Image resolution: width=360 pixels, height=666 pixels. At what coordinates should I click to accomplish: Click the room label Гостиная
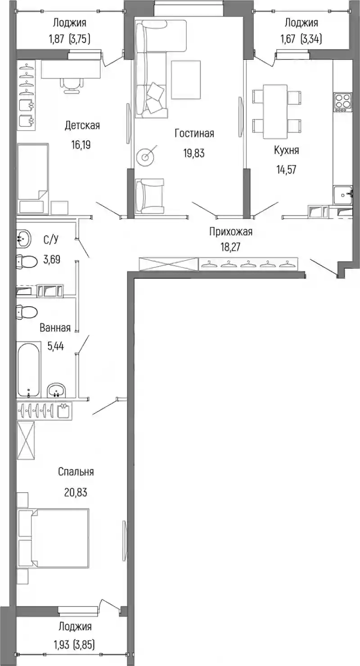194,133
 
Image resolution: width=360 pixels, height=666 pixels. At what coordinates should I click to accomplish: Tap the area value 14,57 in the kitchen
286,170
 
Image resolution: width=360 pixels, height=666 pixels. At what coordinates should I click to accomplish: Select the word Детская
82,126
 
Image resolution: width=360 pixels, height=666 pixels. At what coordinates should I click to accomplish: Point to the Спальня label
76,471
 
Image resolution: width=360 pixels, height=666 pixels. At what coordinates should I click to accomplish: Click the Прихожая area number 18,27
230,247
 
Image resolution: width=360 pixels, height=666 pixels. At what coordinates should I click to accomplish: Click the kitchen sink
343,195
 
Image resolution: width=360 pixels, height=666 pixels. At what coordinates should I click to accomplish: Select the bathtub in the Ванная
29,369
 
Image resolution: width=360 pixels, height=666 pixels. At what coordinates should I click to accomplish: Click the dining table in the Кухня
275,111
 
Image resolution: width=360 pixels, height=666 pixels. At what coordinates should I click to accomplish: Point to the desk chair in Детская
71,83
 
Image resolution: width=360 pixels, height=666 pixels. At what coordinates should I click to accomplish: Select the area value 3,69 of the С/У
52,259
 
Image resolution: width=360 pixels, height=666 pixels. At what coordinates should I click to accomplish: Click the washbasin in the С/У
23,239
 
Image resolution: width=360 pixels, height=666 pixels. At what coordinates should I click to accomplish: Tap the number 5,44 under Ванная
55,346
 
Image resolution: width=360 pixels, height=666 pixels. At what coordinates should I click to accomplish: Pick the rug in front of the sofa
186,80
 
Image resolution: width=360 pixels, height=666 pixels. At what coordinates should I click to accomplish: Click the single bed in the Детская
33,178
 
